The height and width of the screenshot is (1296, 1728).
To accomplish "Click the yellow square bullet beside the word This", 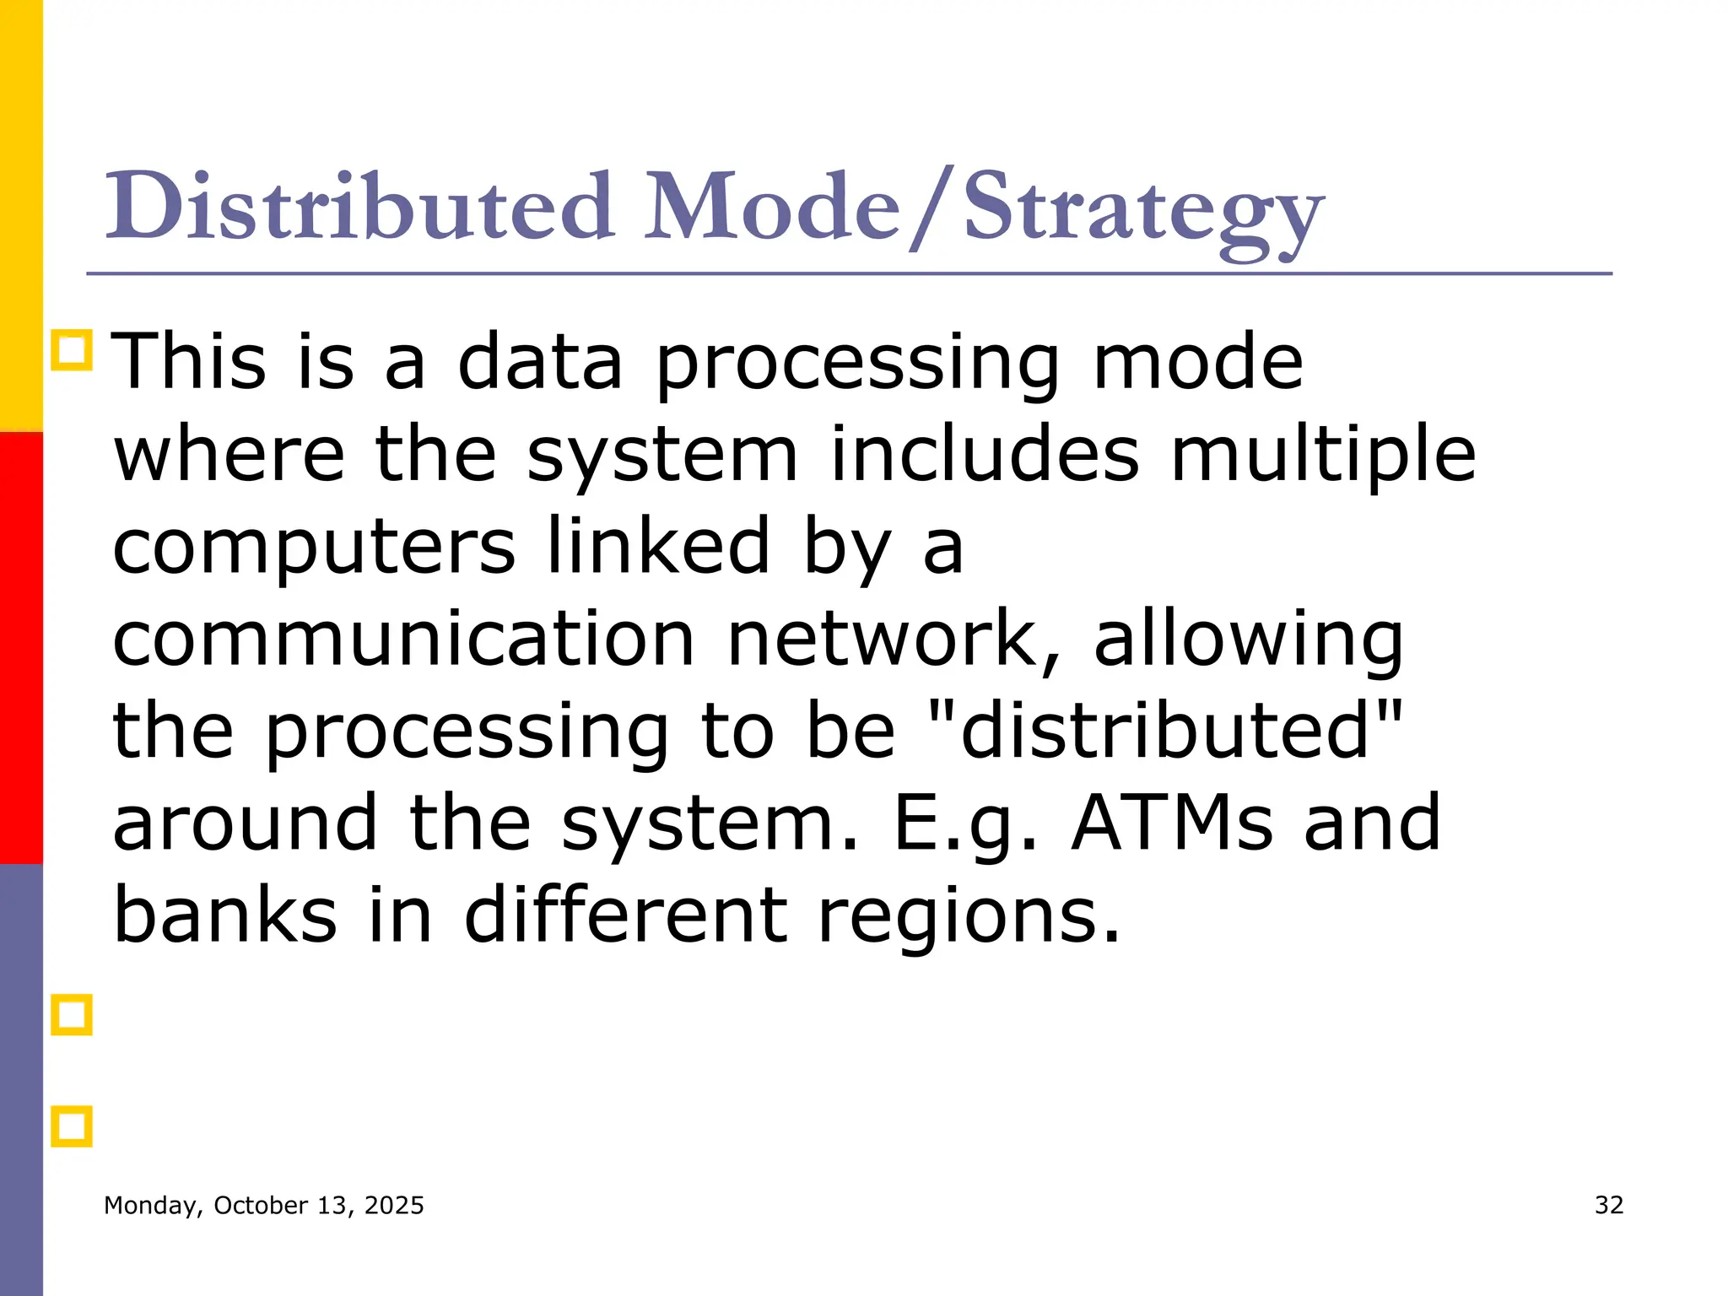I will (72, 350).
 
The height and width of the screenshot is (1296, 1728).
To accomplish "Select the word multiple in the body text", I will (1322, 456).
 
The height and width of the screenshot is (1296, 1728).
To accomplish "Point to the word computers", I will (314, 548).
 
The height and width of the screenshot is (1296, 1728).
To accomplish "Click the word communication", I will (403, 640).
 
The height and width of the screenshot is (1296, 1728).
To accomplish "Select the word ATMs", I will (1172, 823).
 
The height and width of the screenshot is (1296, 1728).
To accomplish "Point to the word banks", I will (225, 915).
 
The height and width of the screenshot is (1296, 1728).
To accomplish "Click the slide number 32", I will (1609, 1205).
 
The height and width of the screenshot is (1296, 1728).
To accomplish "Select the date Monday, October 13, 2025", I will (263, 1206).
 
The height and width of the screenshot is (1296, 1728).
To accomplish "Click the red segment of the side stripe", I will (21, 647).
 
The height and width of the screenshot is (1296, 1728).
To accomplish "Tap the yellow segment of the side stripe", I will (21, 215).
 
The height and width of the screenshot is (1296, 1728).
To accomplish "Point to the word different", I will (625, 915).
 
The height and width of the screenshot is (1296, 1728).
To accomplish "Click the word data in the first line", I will (540, 363).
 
